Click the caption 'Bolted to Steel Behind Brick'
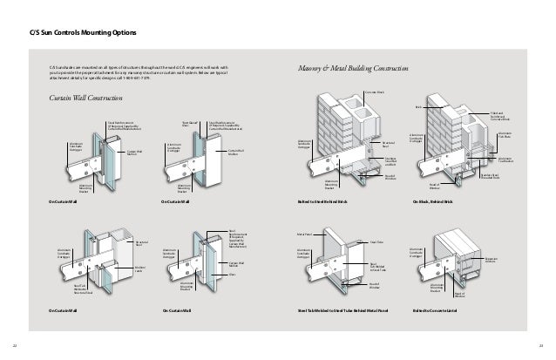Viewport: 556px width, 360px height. tap(322, 201)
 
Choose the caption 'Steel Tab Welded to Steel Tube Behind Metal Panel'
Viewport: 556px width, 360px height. tap(342, 309)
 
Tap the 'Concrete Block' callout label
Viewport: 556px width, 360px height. tap(374, 91)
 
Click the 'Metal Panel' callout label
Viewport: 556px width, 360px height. tap(304, 233)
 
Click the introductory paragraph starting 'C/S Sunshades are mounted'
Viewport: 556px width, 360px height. tap(139, 71)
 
